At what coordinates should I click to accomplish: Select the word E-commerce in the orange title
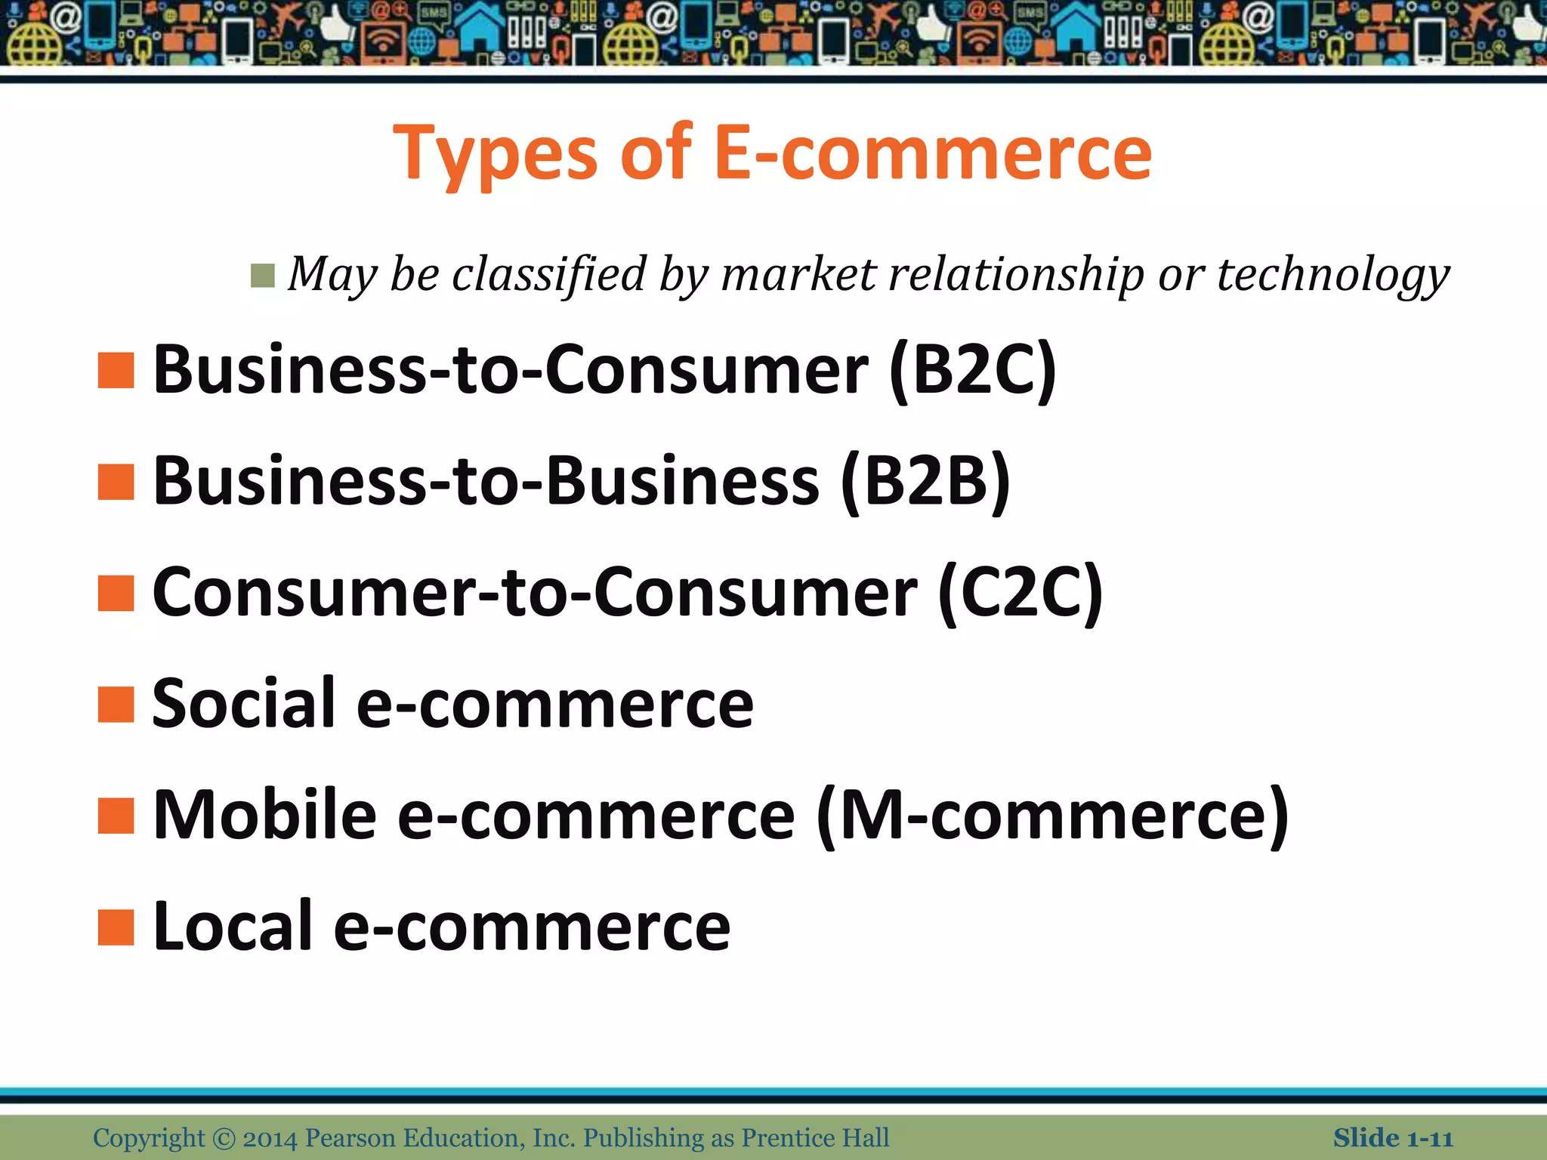[x=932, y=153]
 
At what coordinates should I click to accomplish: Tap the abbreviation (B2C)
[x=973, y=370]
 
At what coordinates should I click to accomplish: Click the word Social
[x=244, y=704]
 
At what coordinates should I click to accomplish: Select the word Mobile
[x=265, y=816]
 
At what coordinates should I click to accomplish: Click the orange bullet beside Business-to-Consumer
[x=116, y=371]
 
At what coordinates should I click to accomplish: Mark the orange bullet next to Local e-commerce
[x=116, y=927]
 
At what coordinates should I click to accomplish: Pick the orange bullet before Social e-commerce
[x=116, y=705]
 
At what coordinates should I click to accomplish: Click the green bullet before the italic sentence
[x=262, y=276]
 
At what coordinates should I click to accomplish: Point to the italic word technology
[x=1333, y=275]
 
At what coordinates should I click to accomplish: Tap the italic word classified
[x=549, y=274]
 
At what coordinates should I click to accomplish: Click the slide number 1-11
[x=1430, y=1138]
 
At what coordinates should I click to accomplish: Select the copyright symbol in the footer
[x=224, y=1138]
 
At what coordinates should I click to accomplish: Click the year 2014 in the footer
[x=270, y=1138]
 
